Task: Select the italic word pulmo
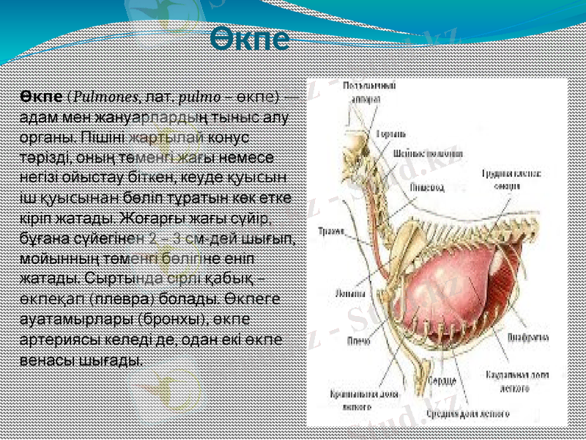(199, 99)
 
